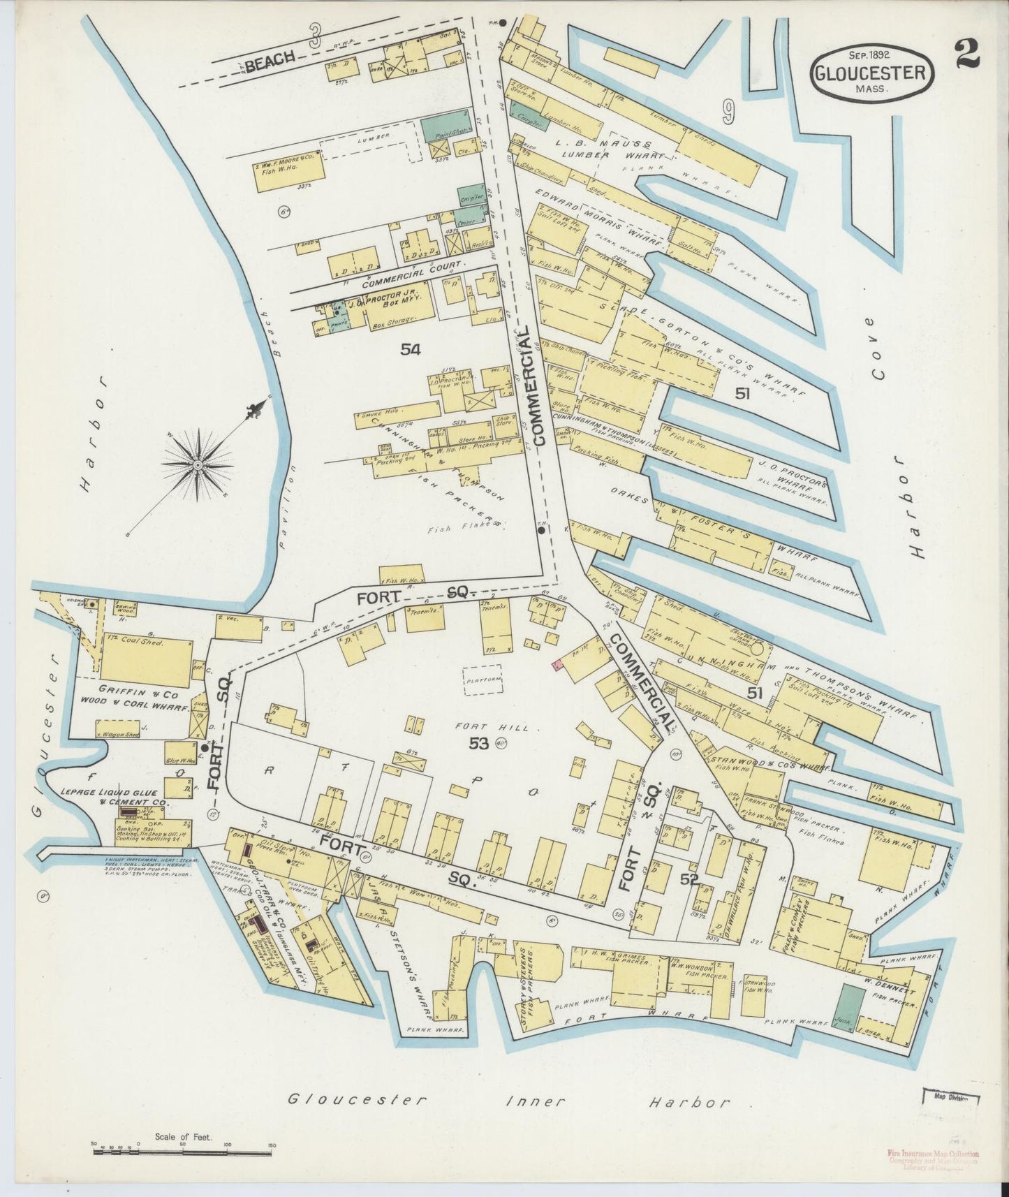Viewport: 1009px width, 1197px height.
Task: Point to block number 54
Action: [x=411, y=351]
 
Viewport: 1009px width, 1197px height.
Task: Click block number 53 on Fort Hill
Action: [x=478, y=744]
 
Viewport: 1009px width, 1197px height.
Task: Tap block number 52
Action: [x=689, y=879]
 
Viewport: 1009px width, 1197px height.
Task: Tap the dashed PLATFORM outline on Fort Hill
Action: [x=484, y=679]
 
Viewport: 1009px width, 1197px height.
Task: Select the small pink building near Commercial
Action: [x=557, y=666]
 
